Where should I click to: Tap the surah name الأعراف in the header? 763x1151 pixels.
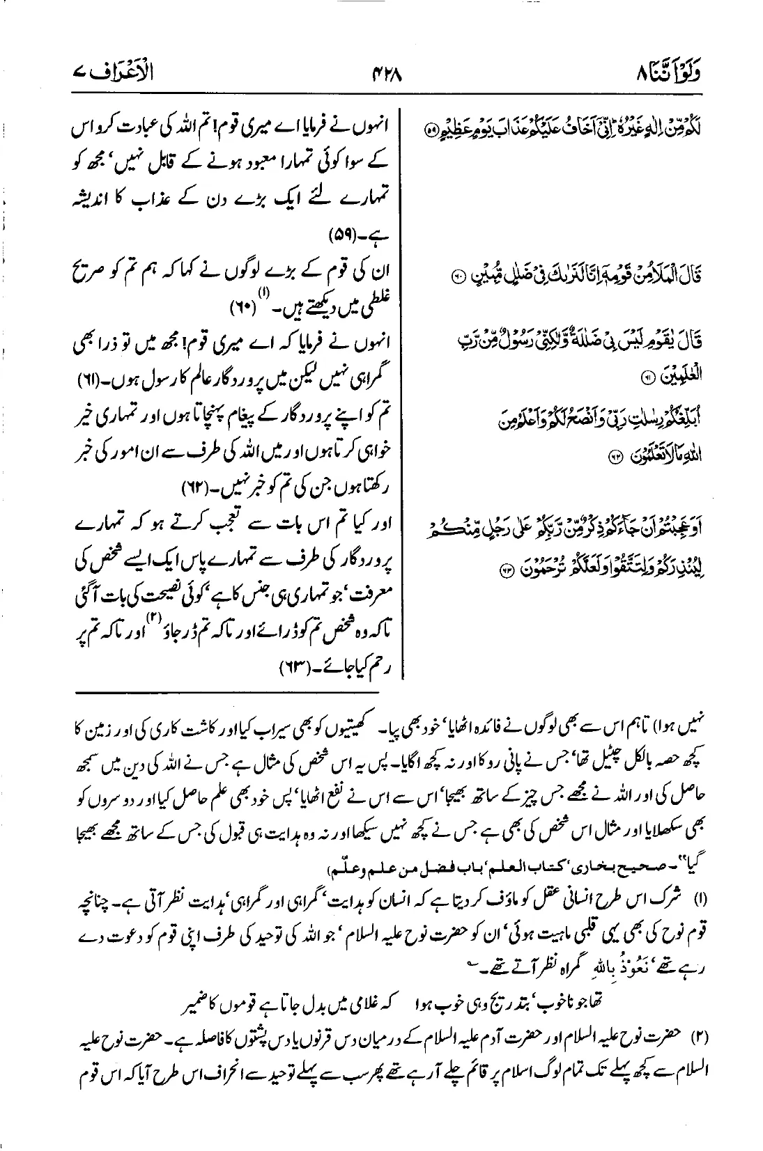[97, 72]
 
